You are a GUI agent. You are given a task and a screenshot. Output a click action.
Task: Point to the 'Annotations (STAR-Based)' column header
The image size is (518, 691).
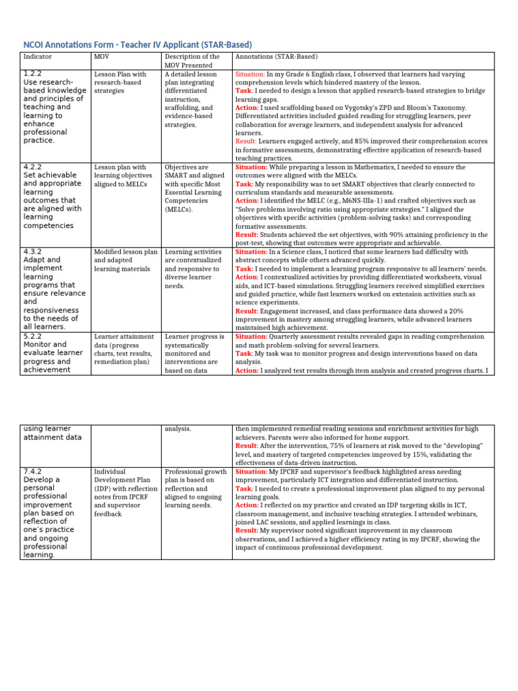(276, 57)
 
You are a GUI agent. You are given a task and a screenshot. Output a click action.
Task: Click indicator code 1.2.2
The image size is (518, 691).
(33, 73)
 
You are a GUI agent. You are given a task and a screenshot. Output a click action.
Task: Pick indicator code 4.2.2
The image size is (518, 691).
(33, 166)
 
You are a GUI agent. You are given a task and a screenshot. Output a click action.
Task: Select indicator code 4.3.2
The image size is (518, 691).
(33, 251)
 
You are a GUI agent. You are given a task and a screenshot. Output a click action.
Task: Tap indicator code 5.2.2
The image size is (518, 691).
(33, 336)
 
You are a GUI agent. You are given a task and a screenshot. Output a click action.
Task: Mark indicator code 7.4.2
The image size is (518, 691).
(33, 471)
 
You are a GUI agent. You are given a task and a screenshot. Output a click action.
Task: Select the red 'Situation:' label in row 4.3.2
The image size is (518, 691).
(251, 252)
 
